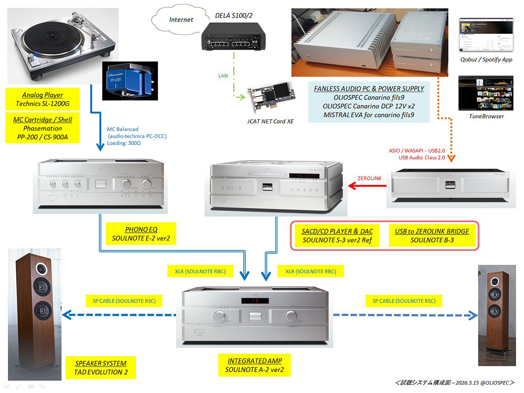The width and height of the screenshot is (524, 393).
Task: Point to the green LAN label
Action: (x=223, y=76)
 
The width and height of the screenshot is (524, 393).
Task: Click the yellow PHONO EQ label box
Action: (x=141, y=234)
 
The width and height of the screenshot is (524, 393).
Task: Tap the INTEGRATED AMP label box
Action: (x=255, y=365)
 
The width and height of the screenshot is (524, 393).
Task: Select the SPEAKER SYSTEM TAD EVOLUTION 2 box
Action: (x=101, y=368)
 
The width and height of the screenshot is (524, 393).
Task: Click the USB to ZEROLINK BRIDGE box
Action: (x=432, y=236)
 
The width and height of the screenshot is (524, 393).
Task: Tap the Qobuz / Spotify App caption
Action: (x=486, y=59)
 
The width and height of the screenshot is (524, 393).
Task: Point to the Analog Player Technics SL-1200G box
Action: (x=42, y=100)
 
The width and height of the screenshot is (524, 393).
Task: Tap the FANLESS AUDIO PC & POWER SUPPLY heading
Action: (x=369, y=89)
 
